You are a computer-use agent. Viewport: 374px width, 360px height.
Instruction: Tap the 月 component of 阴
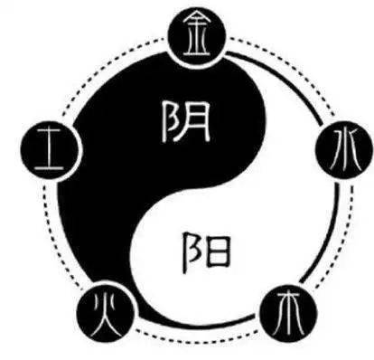197,122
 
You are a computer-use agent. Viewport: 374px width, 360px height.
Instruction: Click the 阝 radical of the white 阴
171,122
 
